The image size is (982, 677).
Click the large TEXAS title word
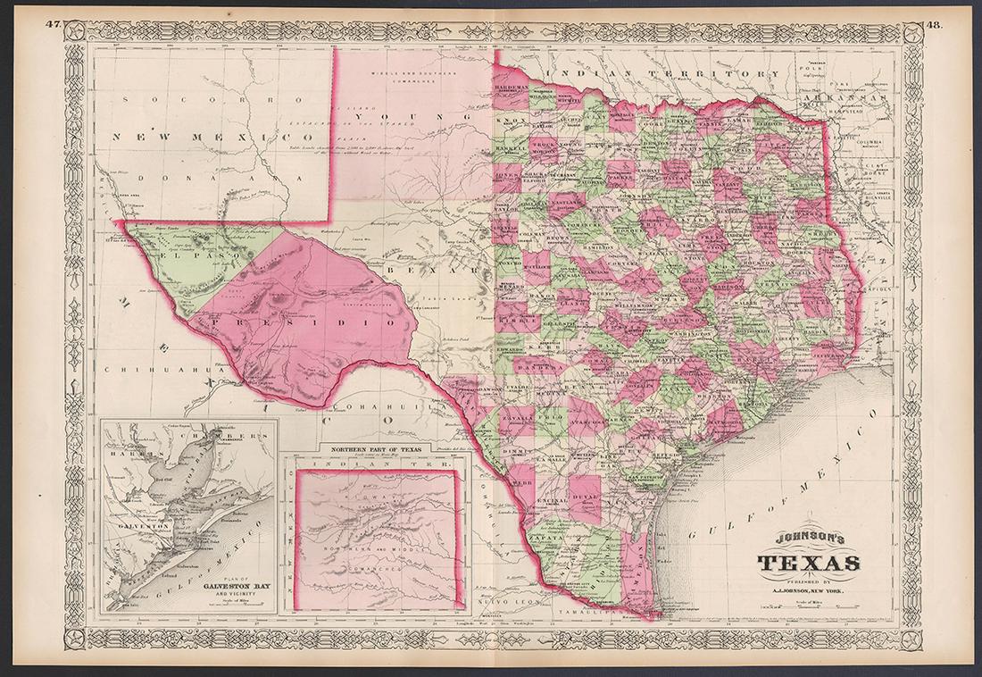pyautogui.click(x=809, y=564)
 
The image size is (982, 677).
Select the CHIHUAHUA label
pyautogui.click(x=143, y=369)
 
